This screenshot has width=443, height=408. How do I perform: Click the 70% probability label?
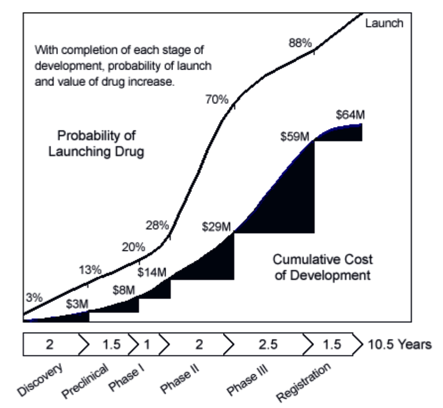point(217,99)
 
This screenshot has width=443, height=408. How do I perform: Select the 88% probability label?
point(300,43)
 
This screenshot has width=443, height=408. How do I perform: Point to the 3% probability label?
point(34,297)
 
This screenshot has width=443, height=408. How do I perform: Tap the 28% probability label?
point(157,226)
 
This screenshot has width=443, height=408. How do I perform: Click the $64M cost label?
point(351,114)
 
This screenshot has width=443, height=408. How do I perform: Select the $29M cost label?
point(216,228)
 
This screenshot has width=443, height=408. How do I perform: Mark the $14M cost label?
point(152,273)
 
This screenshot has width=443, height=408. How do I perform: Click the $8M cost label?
point(124,290)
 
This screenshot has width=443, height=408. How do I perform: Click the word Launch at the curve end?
point(384,23)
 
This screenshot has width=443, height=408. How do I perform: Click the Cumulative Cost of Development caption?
point(323,267)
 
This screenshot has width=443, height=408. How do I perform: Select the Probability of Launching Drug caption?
point(97,143)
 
